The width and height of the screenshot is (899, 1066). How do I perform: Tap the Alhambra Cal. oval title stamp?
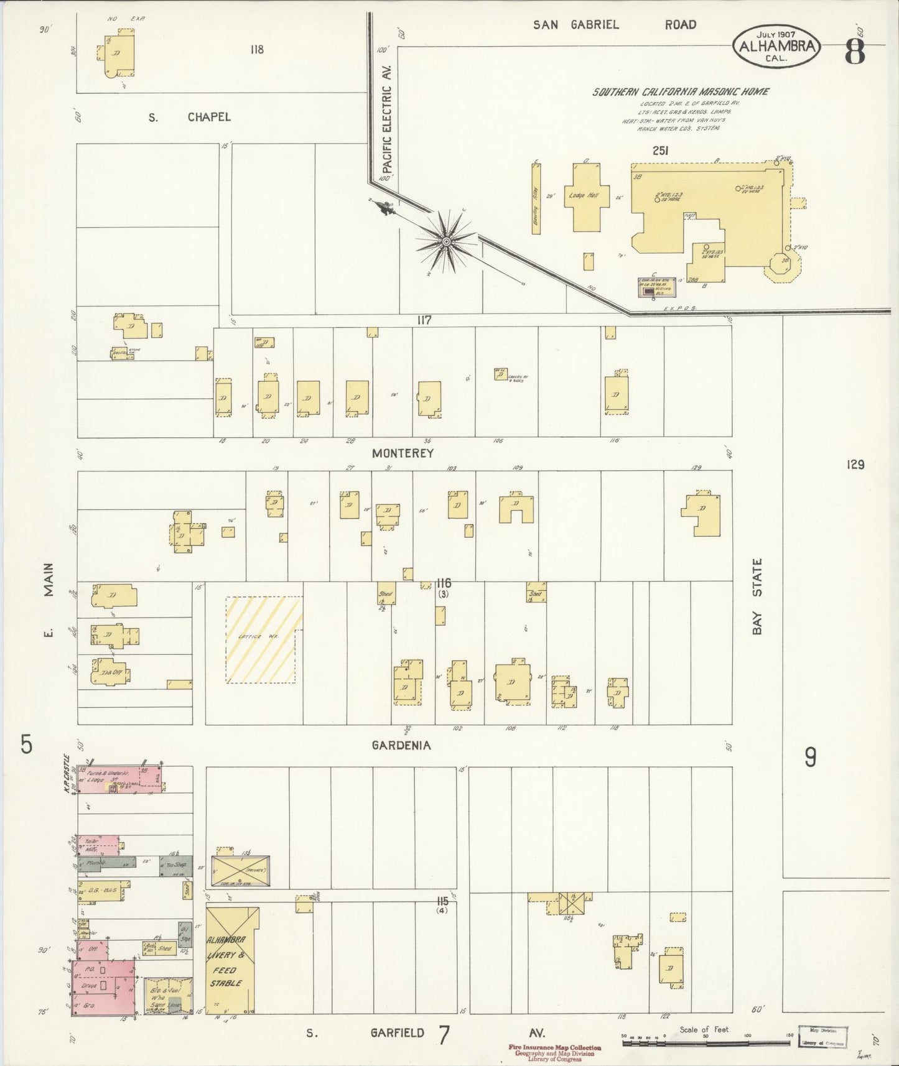click(777, 46)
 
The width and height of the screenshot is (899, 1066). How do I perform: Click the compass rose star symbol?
click(446, 241)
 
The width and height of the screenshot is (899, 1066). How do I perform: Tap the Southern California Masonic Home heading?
click(680, 92)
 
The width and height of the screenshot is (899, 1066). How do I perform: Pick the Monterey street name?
click(403, 453)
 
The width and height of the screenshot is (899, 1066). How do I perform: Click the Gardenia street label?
click(401, 745)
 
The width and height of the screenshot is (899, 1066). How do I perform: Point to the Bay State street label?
click(757, 596)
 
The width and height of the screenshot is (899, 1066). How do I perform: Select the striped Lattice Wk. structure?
click(264, 639)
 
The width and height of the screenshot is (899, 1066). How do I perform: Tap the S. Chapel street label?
click(189, 117)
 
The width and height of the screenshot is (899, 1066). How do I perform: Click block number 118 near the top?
click(256, 50)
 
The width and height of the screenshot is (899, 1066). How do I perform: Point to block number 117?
click(424, 320)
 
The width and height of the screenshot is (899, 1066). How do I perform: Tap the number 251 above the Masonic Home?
click(661, 151)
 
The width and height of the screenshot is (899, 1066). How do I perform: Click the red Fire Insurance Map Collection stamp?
click(555, 1051)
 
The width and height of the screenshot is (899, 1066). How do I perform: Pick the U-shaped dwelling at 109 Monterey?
click(516, 508)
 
